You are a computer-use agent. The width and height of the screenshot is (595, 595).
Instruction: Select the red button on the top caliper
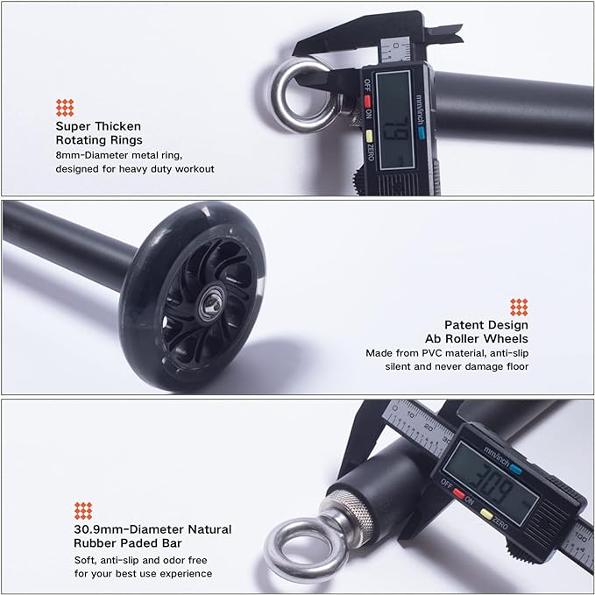(367, 101)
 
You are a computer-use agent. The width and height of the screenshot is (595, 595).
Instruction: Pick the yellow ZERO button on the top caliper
(368, 136)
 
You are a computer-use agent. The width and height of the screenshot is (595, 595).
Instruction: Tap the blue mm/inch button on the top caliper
(421, 131)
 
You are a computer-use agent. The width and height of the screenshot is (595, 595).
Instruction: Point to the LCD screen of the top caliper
(394, 120)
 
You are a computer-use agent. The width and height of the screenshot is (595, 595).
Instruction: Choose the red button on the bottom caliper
(459, 493)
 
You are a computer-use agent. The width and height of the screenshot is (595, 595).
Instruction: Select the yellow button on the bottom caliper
(486, 514)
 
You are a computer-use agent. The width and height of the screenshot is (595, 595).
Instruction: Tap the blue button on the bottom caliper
(516, 470)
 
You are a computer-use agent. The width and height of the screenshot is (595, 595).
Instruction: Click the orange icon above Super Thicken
(65, 108)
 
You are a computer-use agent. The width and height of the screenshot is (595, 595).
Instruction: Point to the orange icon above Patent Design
(519, 307)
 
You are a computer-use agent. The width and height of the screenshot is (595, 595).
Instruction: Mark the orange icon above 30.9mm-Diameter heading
(83, 511)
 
